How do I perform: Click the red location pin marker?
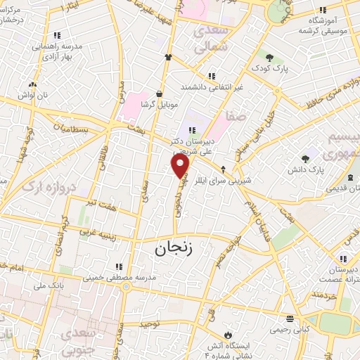click(x=181, y=165)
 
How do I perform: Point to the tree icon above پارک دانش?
click(x=304, y=159)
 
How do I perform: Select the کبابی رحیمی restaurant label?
click(x=290, y=329)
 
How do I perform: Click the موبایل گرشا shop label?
click(x=160, y=104)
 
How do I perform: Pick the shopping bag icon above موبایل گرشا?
click(x=160, y=93)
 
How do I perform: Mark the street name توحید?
click(x=150, y=324)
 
